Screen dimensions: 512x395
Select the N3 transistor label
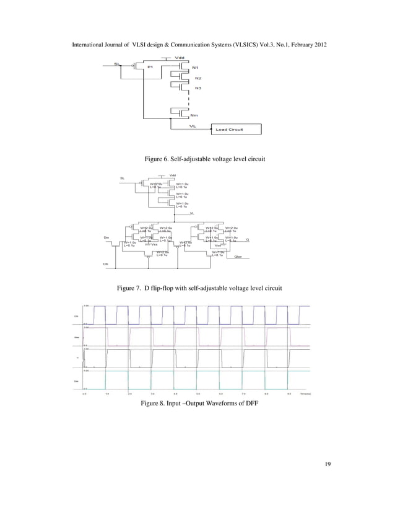click(197, 89)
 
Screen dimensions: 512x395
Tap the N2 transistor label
click(197, 78)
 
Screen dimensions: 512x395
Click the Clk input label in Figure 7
click(105, 264)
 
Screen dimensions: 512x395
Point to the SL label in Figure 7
click(123, 179)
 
